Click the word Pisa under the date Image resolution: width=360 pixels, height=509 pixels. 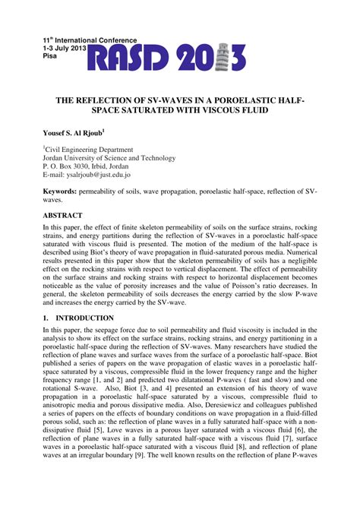tap(50, 56)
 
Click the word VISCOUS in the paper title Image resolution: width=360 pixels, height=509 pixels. tap(223, 110)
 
